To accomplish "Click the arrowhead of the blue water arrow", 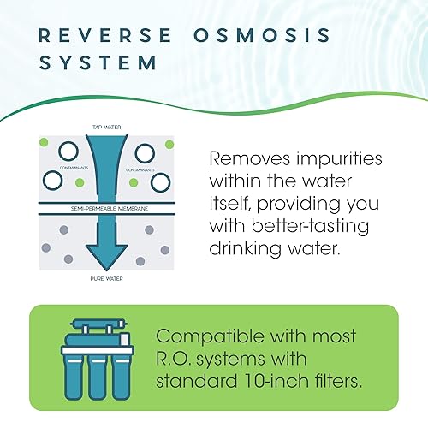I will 104,253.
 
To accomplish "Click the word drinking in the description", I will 247,248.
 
